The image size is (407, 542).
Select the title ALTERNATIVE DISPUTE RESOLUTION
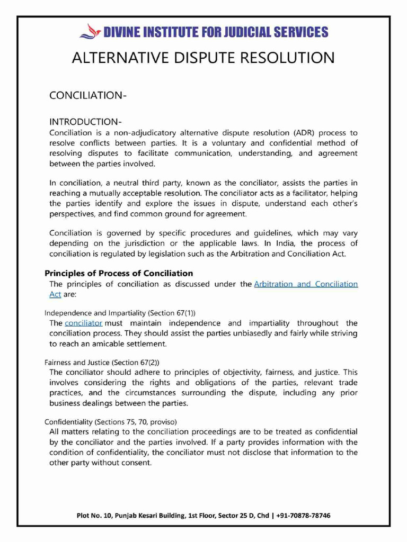pyautogui.click(x=203, y=58)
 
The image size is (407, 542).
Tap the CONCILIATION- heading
pyautogui.click(x=87, y=95)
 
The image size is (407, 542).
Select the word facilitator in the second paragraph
pyautogui.click(x=306, y=194)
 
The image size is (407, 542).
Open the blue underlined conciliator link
pyautogui.click(x=83, y=323)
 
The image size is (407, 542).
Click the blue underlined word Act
pyautogui.click(x=55, y=294)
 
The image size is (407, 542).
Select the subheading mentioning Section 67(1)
pyautogui.click(x=115, y=312)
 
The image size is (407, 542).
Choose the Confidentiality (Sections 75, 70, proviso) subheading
pyautogui.click(x=110, y=422)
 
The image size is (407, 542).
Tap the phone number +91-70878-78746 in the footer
pyautogui.click(x=303, y=515)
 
